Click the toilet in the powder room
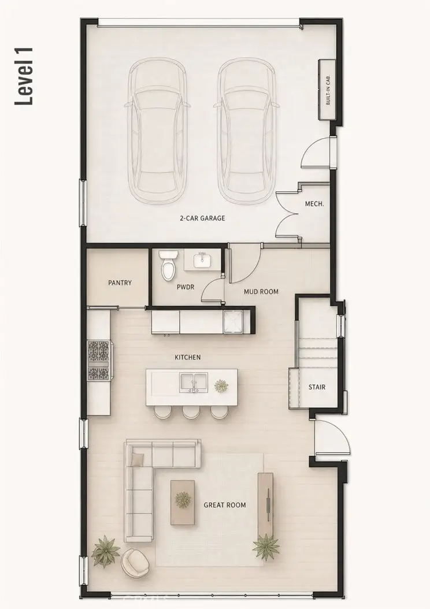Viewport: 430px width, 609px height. pos(168,265)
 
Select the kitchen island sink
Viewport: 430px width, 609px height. pos(194,383)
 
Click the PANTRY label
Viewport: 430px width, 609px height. pos(120,283)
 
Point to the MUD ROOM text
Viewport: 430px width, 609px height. pos(261,291)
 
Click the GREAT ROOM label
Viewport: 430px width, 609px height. pos(225,505)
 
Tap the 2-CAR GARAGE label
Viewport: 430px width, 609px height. pos(202,218)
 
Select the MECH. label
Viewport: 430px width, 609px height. pos(314,203)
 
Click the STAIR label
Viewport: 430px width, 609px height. pos(317,387)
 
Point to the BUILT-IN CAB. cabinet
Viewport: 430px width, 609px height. pos(327,90)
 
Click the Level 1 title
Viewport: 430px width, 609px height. pos(24,76)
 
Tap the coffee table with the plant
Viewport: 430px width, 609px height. pos(183,502)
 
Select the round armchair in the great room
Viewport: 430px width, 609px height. pos(135,562)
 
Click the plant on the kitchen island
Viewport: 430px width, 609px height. pos(221,386)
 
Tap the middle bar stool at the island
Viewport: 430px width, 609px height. pos(191,412)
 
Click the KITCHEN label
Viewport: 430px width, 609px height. pos(188,357)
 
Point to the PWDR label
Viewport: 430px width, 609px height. pos(186,287)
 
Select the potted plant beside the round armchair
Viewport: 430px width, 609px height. pos(106,551)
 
